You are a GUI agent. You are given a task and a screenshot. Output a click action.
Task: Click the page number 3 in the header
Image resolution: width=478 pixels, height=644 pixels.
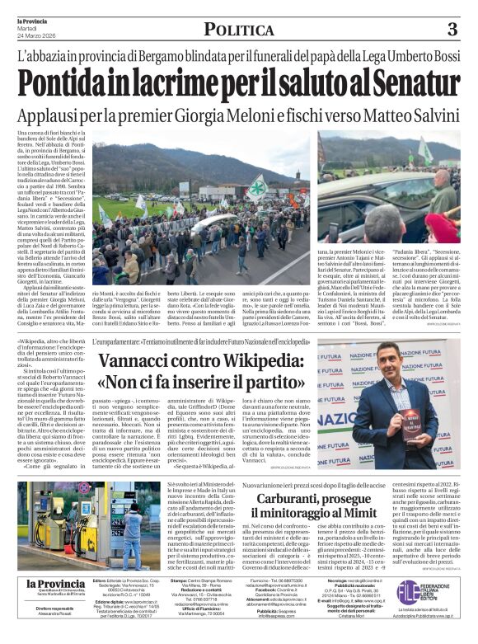[x=452, y=31]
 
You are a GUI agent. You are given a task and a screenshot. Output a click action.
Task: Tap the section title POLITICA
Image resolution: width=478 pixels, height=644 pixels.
[x=239, y=31]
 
